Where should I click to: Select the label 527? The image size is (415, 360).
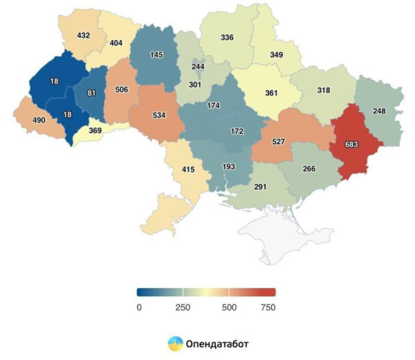[278, 142]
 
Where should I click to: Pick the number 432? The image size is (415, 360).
[83, 36]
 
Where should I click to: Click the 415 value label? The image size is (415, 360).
[188, 169]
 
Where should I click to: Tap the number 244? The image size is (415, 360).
[198, 67]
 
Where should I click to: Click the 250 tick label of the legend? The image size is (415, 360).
[183, 308]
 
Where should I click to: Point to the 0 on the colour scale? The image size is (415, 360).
[139, 308]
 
